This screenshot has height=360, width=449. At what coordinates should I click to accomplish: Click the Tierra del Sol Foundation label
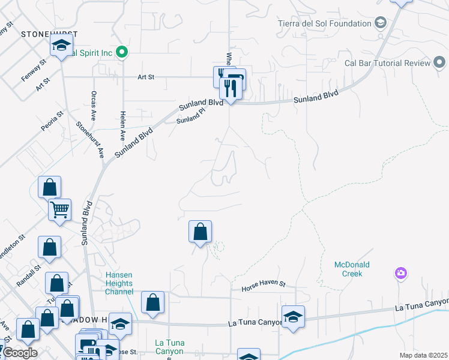[325, 24]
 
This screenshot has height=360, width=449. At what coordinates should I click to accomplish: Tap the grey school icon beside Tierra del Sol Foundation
[380, 23]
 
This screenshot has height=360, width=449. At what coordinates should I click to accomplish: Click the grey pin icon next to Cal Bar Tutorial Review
[439, 62]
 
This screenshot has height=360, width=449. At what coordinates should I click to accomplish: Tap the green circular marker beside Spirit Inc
[122, 53]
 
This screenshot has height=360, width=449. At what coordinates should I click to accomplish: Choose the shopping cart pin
[59, 210]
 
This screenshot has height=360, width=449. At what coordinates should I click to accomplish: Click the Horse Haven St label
[264, 289]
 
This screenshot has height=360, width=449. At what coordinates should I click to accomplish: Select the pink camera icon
[401, 274]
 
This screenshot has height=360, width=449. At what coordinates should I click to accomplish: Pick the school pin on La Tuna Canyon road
[293, 316]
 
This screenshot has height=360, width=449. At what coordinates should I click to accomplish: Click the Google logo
[20, 353]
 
